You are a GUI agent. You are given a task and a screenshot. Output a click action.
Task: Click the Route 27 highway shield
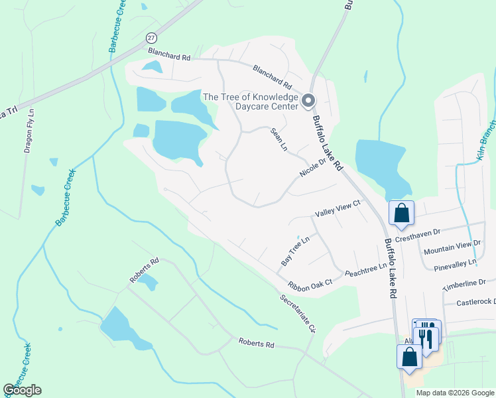[x=152, y=37]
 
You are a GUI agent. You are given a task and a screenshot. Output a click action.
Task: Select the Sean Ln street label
[x=278, y=139]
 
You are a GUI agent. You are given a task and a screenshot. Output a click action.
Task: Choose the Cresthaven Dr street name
[x=418, y=234]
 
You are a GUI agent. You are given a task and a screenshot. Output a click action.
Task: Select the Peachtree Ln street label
[x=365, y=268]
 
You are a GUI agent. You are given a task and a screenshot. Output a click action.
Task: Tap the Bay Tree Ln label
[x=295, y=251]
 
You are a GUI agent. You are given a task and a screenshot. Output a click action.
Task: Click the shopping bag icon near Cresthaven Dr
[x=401, y=213]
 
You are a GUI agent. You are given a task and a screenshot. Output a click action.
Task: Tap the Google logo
[x=23, y=390]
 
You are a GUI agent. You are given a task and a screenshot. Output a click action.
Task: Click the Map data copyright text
[x=455, y=393]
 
